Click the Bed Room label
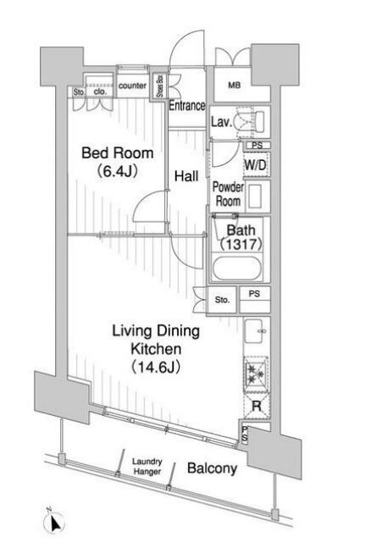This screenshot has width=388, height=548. tap(118, 153)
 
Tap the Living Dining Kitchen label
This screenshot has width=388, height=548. tap(156, 340)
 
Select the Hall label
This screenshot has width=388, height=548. tap(186, 176)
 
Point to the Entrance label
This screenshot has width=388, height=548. tap(186, 105)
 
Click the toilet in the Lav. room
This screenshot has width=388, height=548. tap(250, 122)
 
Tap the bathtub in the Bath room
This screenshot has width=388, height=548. tap(236, 268)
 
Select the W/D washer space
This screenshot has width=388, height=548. tap(256, 164)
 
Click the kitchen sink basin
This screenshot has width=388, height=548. tap(255, 331)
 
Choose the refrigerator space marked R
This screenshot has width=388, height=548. tap(257, 406)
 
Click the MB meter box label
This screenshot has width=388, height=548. tap(234, 85)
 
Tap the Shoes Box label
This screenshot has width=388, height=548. tap(160, 86)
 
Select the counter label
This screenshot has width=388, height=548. tap(132, 86)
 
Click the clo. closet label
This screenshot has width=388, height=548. tap(100, 92)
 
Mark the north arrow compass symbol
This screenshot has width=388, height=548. tap(54, 523)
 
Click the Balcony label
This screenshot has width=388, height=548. tap(212, 468)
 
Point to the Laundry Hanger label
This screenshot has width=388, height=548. tap(147, 467)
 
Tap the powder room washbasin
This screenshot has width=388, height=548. tap(257, 196)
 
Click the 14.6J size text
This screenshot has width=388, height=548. tap(156, 367)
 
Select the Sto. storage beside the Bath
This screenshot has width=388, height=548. tap(222, 300)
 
